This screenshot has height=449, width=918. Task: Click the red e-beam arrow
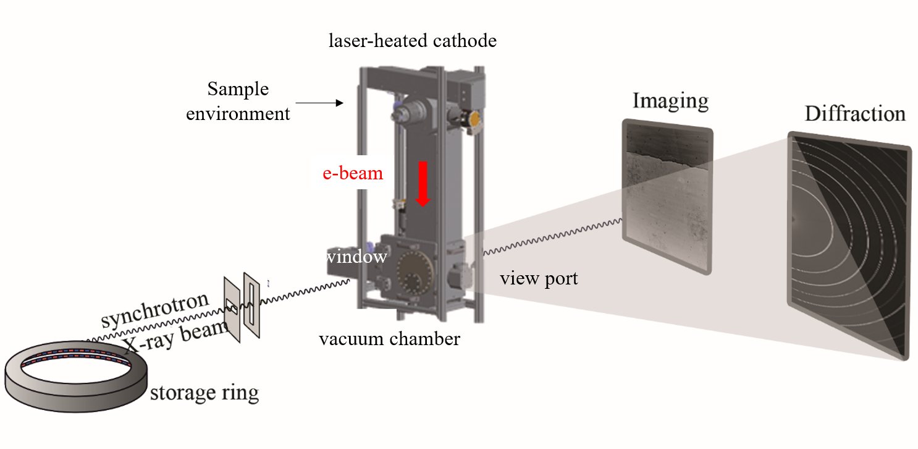[423, 184]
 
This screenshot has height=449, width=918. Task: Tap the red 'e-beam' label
[353, 173]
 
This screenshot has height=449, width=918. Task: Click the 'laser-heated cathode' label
[413, 41]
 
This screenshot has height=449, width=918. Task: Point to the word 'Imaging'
[670, 100]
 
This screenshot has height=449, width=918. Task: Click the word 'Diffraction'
[855, 114]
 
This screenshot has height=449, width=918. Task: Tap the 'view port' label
[539, 278]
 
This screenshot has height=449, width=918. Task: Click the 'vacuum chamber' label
[389, 339]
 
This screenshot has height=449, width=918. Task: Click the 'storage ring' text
[204, 392]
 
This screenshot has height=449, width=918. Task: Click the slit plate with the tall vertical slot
[251, 306]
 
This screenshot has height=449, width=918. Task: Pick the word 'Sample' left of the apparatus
[238, 89]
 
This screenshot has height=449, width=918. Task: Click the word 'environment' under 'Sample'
[238, 114]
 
